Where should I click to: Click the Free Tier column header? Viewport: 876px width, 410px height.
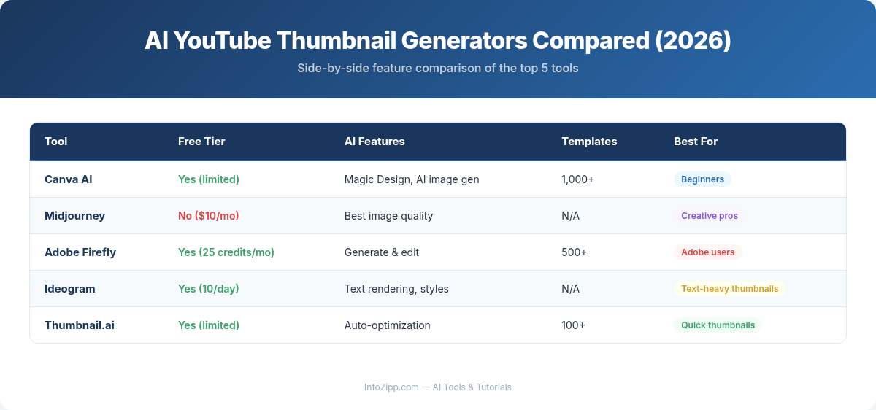(x=201, y=142)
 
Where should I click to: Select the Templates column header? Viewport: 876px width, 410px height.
(x=589, y=142)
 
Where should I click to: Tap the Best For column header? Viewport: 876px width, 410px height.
(x=696, y=142)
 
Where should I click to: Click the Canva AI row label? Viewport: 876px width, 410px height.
(x=69, y=179)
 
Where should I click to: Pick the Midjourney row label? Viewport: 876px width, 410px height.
(x=74, y=216)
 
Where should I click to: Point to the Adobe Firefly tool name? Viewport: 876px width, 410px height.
(x=80, y=252)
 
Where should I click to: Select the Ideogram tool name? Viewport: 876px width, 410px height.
(x=70, y=289)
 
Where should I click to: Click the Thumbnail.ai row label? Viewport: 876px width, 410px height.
(x=80, y=325)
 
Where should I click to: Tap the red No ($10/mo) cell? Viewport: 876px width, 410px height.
(x=209, y=216)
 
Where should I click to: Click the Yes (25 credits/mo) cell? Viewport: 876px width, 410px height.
(x=226, y=252)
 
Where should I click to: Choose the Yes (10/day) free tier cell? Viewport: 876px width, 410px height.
(x=209, y=289)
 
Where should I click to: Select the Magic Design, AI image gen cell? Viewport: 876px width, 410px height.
(x=412, y=179)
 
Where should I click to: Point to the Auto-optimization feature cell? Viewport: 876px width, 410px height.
(x=388, y=325)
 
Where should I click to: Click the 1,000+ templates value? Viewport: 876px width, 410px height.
(x=578, y=179)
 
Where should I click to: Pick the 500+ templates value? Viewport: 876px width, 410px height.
(x=575, y=252)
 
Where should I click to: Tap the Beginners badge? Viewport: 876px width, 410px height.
(x=702, y=179)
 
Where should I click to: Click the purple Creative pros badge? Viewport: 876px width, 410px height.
(x=710, y=216)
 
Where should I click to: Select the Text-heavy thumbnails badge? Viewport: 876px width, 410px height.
(x=729, y=289)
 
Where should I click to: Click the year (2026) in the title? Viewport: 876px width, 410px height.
(x=693, y=41)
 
